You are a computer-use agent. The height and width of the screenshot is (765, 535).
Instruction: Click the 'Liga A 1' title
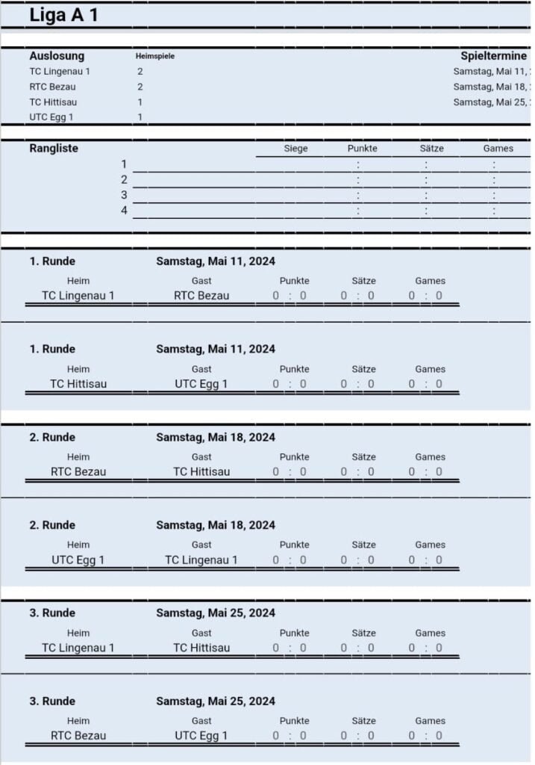[x=63, y=15]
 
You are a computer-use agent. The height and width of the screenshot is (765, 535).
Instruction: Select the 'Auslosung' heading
[x=57, y=56]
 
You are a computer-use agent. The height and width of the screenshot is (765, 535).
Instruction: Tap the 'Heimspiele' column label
[x=155, y=57]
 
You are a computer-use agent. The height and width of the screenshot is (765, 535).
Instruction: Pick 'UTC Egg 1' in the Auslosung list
[x=51, y=117]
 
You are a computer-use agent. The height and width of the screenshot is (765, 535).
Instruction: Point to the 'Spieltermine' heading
[x=493, y=56]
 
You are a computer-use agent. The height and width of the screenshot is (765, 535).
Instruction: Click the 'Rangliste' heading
[x=54, y=148]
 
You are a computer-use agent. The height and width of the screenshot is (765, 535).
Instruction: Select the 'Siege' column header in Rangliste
[x=295, y=149]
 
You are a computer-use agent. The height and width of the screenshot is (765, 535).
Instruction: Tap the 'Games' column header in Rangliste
[x=498, y=149]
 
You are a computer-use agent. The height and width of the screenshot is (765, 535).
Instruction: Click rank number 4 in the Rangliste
[x=125, y=211]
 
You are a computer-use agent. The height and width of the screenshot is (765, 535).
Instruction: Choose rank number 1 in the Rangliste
[x=125, y=164]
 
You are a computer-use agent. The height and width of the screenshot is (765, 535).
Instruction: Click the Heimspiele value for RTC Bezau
[x=140, y=87]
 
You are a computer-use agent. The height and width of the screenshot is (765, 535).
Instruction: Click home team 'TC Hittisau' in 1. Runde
[x=78, y=384]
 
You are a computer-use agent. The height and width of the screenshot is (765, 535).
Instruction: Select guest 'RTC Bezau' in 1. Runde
[x=201, y=295]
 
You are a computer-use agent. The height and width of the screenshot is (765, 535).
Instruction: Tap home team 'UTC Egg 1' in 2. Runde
[x=78, y=560]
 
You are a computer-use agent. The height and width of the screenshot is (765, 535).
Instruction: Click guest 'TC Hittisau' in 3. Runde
[x=201, y=648]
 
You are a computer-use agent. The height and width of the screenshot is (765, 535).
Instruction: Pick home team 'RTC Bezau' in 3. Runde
[x=78, y=735]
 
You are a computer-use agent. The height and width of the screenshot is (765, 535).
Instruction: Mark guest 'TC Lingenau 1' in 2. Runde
[x=201, y=560]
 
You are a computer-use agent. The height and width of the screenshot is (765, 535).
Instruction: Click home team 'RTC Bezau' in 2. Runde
[x=78, y=471]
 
